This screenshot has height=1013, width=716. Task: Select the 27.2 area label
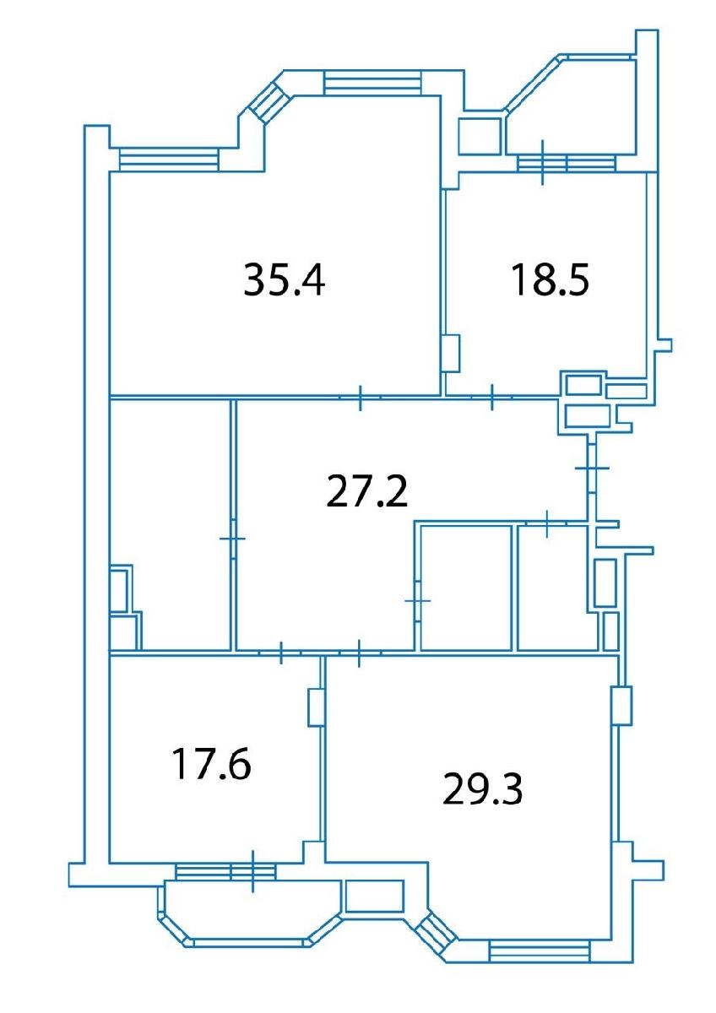coord(366,492)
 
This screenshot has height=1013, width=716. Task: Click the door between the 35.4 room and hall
coord(360,398)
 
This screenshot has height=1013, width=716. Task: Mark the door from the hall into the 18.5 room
coord(491,397)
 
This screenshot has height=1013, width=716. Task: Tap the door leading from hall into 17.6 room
coord(281,652)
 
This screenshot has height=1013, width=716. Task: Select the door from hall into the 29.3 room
coord(360,653)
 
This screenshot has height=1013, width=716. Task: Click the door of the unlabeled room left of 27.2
coord(232,539)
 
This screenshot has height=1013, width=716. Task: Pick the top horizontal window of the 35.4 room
coord(372,84)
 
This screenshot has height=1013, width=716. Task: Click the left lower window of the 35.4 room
coord(169,160)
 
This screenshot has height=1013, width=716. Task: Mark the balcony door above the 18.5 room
coord(542,162)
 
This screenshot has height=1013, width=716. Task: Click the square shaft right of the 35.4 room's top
coord(480,137)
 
